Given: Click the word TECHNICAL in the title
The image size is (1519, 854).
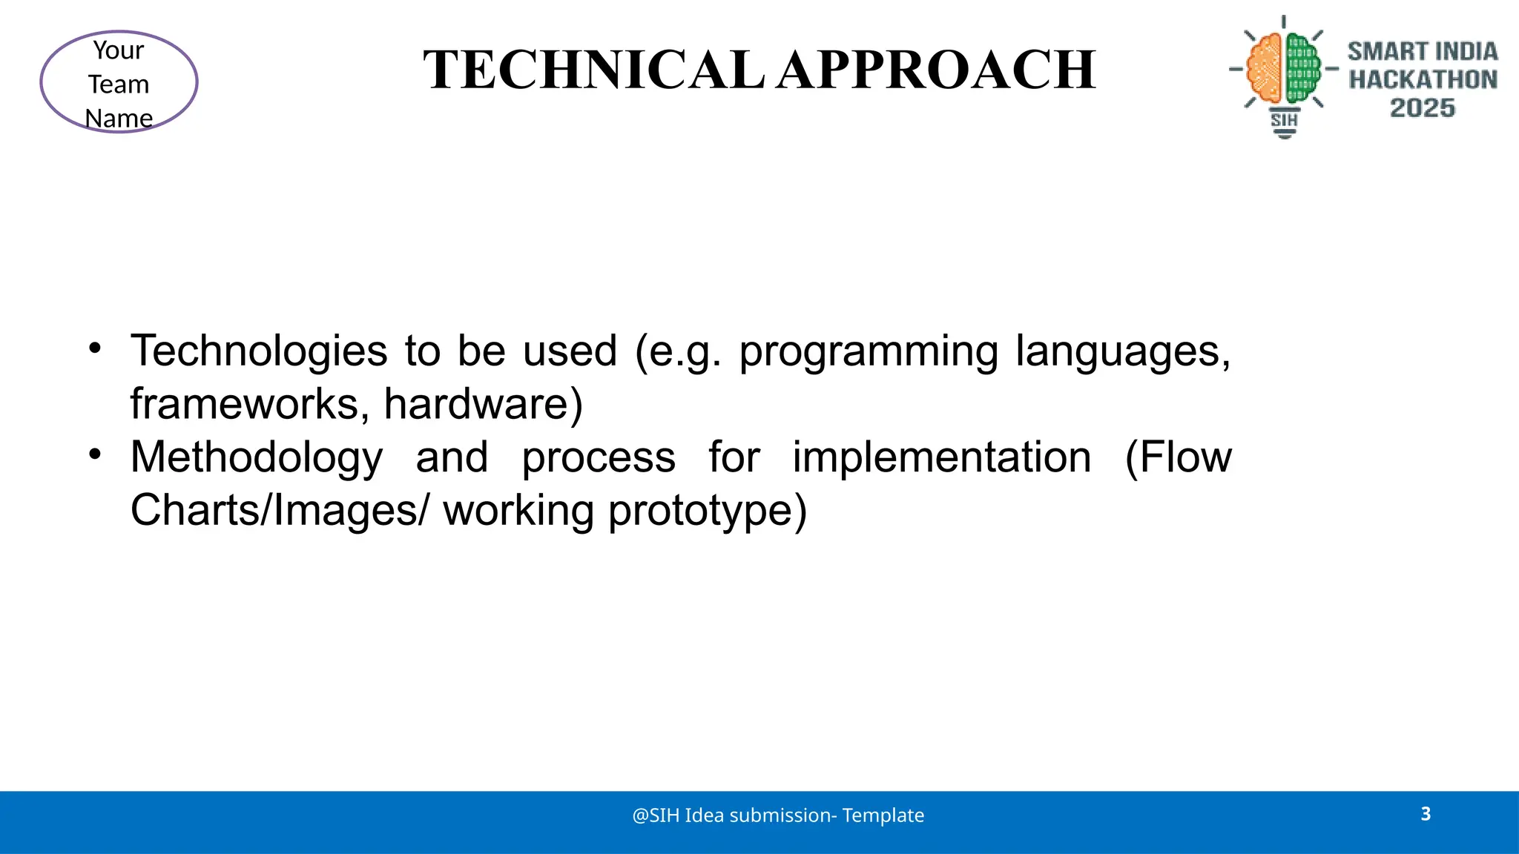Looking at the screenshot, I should click(x=593, y=70).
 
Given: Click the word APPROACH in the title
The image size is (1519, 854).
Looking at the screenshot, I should click(x=937, y=70).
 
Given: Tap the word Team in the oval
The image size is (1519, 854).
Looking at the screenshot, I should click(x=119, y=85).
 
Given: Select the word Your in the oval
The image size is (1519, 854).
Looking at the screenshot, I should click(x=119, y=50).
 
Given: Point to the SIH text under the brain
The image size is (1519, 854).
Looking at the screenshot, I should click(x=1284, y=120).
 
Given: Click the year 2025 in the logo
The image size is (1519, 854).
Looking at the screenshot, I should click(x=1422, y=108).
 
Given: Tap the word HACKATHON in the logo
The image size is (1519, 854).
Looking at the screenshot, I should click(x=1423, y=79).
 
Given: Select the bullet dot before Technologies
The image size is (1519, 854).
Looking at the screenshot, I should click(x=94, y=348).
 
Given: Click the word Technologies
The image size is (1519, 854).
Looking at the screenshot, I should click(x=259, y=351).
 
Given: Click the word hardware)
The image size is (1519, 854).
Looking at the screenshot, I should click(x=483, y=404).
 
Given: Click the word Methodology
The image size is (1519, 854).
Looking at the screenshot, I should click(x=257, y=458).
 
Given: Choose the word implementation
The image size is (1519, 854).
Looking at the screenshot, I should click(x=941, y=457).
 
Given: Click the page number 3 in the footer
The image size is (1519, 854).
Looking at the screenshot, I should click(x=1426, y=814).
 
